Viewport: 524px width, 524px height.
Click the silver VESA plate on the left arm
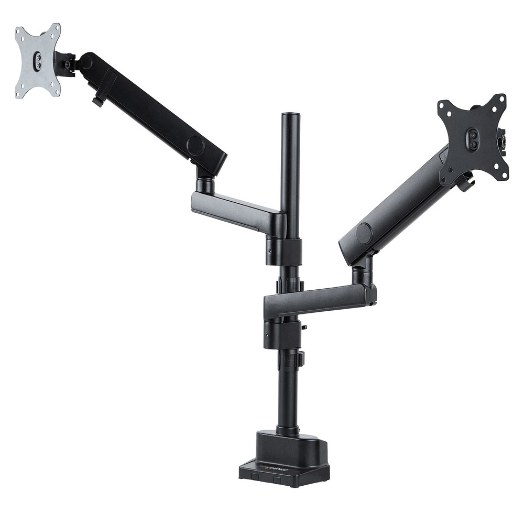(x=37, y=60)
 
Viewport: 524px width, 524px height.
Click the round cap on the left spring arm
(x=195, y=145)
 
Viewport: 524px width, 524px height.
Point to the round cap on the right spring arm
(x=364, y=233)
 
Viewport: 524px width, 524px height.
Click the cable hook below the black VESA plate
(x=465, y=183)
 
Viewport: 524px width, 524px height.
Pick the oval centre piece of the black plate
(x=473, y=138)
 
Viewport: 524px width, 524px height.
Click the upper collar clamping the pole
(x=285, y=250)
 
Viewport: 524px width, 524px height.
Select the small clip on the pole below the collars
(x=301, y=359)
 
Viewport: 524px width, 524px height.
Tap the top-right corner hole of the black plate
(x=502, y=99)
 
